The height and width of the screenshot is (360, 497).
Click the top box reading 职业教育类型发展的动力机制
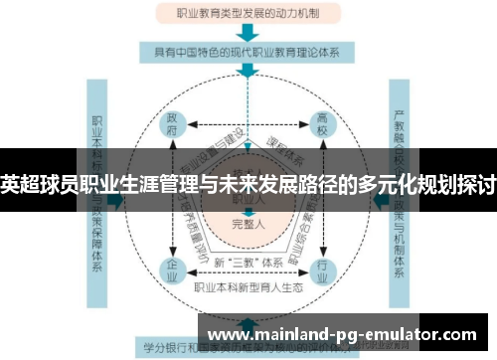pyautogui.click(x=248, y=15)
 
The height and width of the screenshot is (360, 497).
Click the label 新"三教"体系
pyautogui.click(x=247, y=261)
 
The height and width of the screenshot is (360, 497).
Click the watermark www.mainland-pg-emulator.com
pyautogui.click(x=347, y=335)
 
